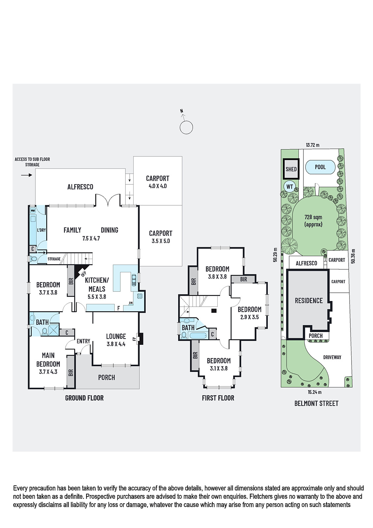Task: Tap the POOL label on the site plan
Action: tap(320, 167)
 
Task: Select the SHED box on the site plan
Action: tap(291, 169)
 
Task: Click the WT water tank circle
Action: tap(290, 187)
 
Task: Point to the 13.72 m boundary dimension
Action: tap(313, 145)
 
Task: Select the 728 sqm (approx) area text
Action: tap(313, 221)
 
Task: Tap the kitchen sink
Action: tap(134, 280)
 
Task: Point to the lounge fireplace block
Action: tap(141, 339)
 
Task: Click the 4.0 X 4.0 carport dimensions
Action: tap(158, 186)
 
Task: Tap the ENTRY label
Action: tap(83, 341)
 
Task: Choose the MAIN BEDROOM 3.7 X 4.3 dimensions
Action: tap(48, 372)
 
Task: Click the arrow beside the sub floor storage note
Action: tap(26, 175)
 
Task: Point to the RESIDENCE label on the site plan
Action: tap(309, 301)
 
